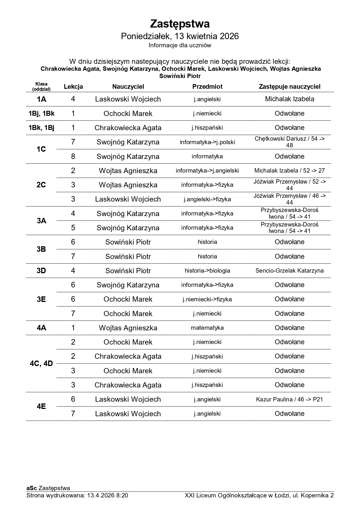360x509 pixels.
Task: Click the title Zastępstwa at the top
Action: point(180,24)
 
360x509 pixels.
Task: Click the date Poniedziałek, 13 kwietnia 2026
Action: point(180,36)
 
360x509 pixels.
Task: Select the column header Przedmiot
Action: point(207,86)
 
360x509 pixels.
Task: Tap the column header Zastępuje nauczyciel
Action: point(289,86)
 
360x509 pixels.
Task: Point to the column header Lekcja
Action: point(73,86)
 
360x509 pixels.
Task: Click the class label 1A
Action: point(41,99)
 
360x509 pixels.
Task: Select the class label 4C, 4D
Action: point(41,363)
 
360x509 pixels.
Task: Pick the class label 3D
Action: point(41,271)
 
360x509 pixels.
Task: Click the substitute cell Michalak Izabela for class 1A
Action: point(289,99)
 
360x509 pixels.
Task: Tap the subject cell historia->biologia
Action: point(207,271)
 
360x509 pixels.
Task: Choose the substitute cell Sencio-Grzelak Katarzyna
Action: point(289,271)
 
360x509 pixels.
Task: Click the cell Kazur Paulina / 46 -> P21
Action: point(289,399)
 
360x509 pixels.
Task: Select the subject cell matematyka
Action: point(207,328)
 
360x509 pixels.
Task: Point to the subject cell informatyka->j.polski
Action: point(207,142)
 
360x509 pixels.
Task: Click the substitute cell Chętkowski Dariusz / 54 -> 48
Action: point(289,142)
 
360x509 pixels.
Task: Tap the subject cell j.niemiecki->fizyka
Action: point(207,299)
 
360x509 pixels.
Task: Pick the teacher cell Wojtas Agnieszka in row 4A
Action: point(128,328)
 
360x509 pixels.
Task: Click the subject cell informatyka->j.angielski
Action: point(207,171)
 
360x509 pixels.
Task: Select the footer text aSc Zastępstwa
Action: point(48,488)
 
